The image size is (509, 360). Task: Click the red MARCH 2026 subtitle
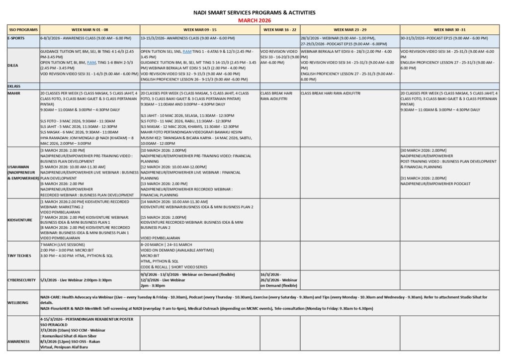click(254, 20)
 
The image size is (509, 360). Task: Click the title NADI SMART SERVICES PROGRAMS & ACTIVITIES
click(254, 12)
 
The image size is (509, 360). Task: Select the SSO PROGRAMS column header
click(22, 30)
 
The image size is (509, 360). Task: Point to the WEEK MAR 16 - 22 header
click(279, 30)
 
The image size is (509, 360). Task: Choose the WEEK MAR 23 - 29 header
click(349, 30)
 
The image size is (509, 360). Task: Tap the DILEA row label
click(13, 65)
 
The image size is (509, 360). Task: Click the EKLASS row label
click(14, 86)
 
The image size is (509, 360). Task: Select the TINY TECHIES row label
click(19, 256)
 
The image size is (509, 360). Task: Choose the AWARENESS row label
click(19, 342)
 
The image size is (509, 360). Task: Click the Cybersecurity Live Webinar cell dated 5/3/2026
click(76, 280)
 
